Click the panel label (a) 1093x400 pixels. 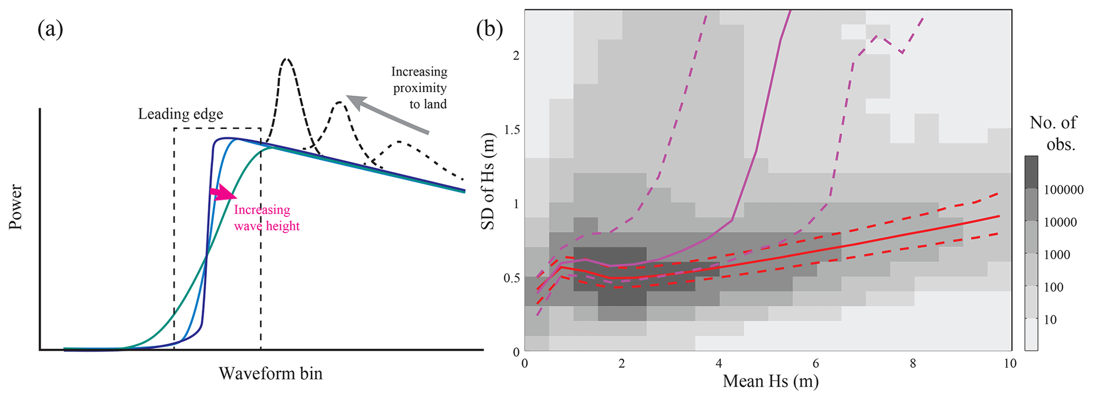[50, 29]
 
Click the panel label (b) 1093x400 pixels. [489, 29]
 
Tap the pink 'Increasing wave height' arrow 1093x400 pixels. [223, 192]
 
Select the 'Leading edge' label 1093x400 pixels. [180, 114]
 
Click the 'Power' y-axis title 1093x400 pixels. [16, 207]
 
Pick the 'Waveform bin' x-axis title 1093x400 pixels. [270, 374]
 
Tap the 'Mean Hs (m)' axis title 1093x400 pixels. [770, 381]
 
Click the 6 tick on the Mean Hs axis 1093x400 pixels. [816, 364]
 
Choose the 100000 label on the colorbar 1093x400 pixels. [1063, 190]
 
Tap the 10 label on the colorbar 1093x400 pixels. [1051, 320]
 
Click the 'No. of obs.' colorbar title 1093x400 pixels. [1053, 133]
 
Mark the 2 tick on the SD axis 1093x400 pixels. [516, 56]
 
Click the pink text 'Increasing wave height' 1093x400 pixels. [267, 218]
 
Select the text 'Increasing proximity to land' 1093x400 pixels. [419, 88]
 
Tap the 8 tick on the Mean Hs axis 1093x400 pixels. [913, 364]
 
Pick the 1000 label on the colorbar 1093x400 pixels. [1057, 255]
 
